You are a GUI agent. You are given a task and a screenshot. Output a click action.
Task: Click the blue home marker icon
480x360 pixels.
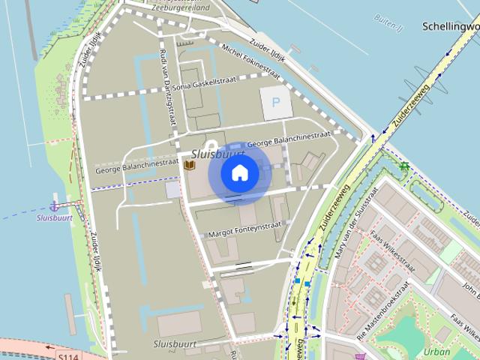click(x=239, y=173)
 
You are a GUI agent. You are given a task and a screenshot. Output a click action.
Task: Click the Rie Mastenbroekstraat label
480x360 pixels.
click(x=383, y=310)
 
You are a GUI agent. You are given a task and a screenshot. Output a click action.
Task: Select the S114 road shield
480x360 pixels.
click(x=67, y=356)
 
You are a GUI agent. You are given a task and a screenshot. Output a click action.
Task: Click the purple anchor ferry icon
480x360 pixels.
click(x=54, y=205)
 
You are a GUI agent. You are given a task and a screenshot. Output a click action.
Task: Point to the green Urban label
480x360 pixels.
click(x=436, y=351)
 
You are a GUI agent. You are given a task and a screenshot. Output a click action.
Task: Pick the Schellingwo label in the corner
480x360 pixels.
click(x=450, y=25)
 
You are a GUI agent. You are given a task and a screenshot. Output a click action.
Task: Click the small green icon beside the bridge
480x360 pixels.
click(x=404, y=166)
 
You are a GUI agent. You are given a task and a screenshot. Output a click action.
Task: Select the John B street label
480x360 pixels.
click(x=470, y=288)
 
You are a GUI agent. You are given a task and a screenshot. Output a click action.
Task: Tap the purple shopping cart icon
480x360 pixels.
click(x=360, y=356)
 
